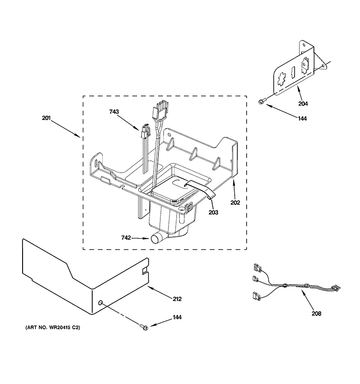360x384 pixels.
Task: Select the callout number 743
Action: point(114,112)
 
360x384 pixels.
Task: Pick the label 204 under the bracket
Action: point(303,103)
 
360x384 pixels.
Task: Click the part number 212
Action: point(177,299)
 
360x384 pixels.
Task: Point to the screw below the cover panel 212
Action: point(143,327)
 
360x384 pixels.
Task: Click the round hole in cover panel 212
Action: point(101,302)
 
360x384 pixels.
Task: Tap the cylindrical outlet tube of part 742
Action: point(157,238)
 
